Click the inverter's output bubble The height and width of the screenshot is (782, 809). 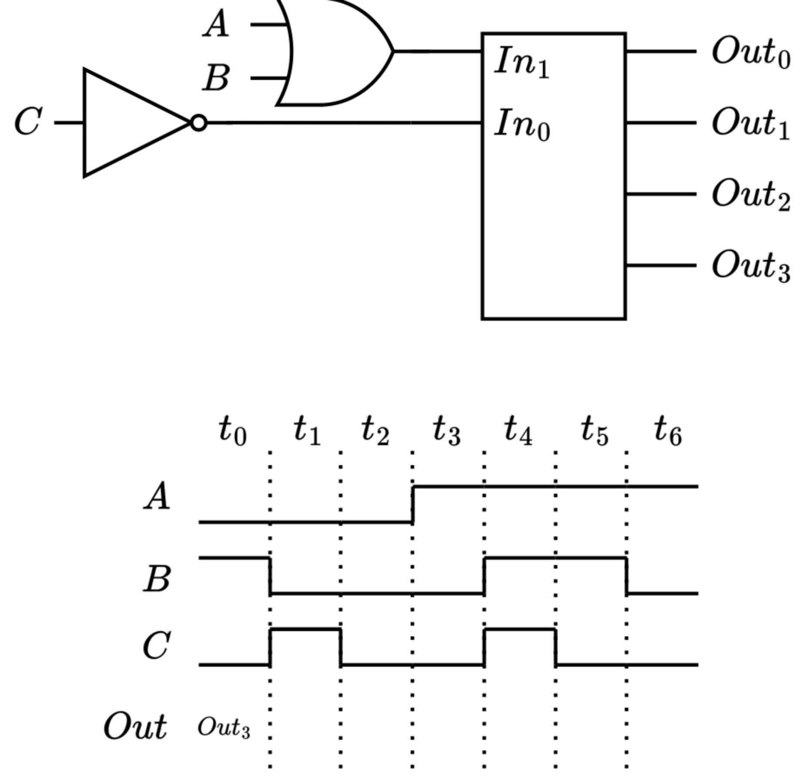pos(199,123)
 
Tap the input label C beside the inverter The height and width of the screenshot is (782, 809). pos(28,122)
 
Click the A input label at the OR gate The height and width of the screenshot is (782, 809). pos(216,25)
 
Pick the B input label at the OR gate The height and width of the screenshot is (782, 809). pos(216,78)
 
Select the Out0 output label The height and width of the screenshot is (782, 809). pos(751,53)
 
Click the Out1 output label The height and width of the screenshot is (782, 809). pos(751,123)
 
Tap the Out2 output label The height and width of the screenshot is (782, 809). pos(751,195)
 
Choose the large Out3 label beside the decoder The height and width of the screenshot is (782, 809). pos(751,266)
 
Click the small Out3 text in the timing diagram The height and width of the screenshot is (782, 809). pos(224,728)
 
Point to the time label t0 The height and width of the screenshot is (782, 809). pos(232,430)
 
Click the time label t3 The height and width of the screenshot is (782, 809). pos(446,430)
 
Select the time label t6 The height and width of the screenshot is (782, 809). pos(668,430)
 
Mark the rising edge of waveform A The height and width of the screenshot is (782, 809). pos(412,504)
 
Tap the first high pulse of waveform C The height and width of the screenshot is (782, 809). pos(305,629)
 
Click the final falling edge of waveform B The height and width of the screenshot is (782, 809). pos(626,576)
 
